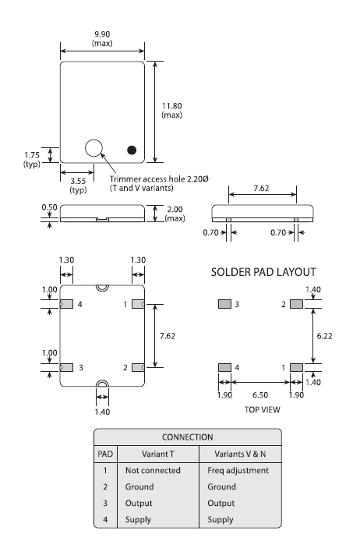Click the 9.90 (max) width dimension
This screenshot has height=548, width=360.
pyautogui.click(x=102, y=38)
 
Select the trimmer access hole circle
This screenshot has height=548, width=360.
pyautogui.click(x=95, y=148)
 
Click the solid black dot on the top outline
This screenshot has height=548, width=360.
pyautogui.click(x=132, y=149)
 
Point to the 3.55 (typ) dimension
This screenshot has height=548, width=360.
pyautogui.click(x=78, y=185)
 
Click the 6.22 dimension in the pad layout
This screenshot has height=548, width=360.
pyautogui.click(x=329, y=334)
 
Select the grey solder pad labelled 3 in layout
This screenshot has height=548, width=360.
pyautogui.click(x=224, y=304)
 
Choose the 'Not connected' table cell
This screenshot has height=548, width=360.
pyautogui.click(x=153, y=471)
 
